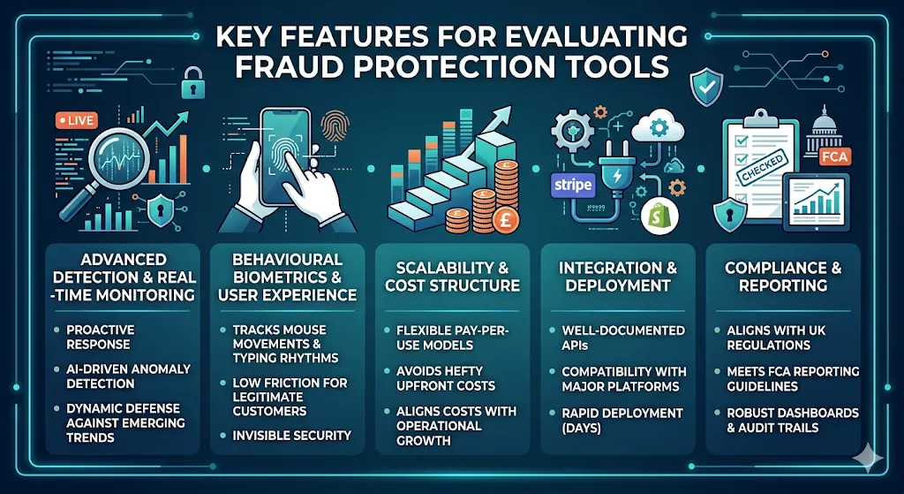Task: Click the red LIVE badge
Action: pyautogui.click(x=75, y=122)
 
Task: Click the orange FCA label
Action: pyautogui.click(x=832, y=156)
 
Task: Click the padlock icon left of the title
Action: pyautogui.click(x=192, y=85)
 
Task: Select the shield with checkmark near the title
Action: pyautogui.click(x=707, y=87)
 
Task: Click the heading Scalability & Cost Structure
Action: pyautogui.click(x=451, y=276)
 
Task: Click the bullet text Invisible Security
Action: pyautogui.click(x=291, y=435)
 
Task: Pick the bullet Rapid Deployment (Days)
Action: pyautogui.click(x=622, y=420)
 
